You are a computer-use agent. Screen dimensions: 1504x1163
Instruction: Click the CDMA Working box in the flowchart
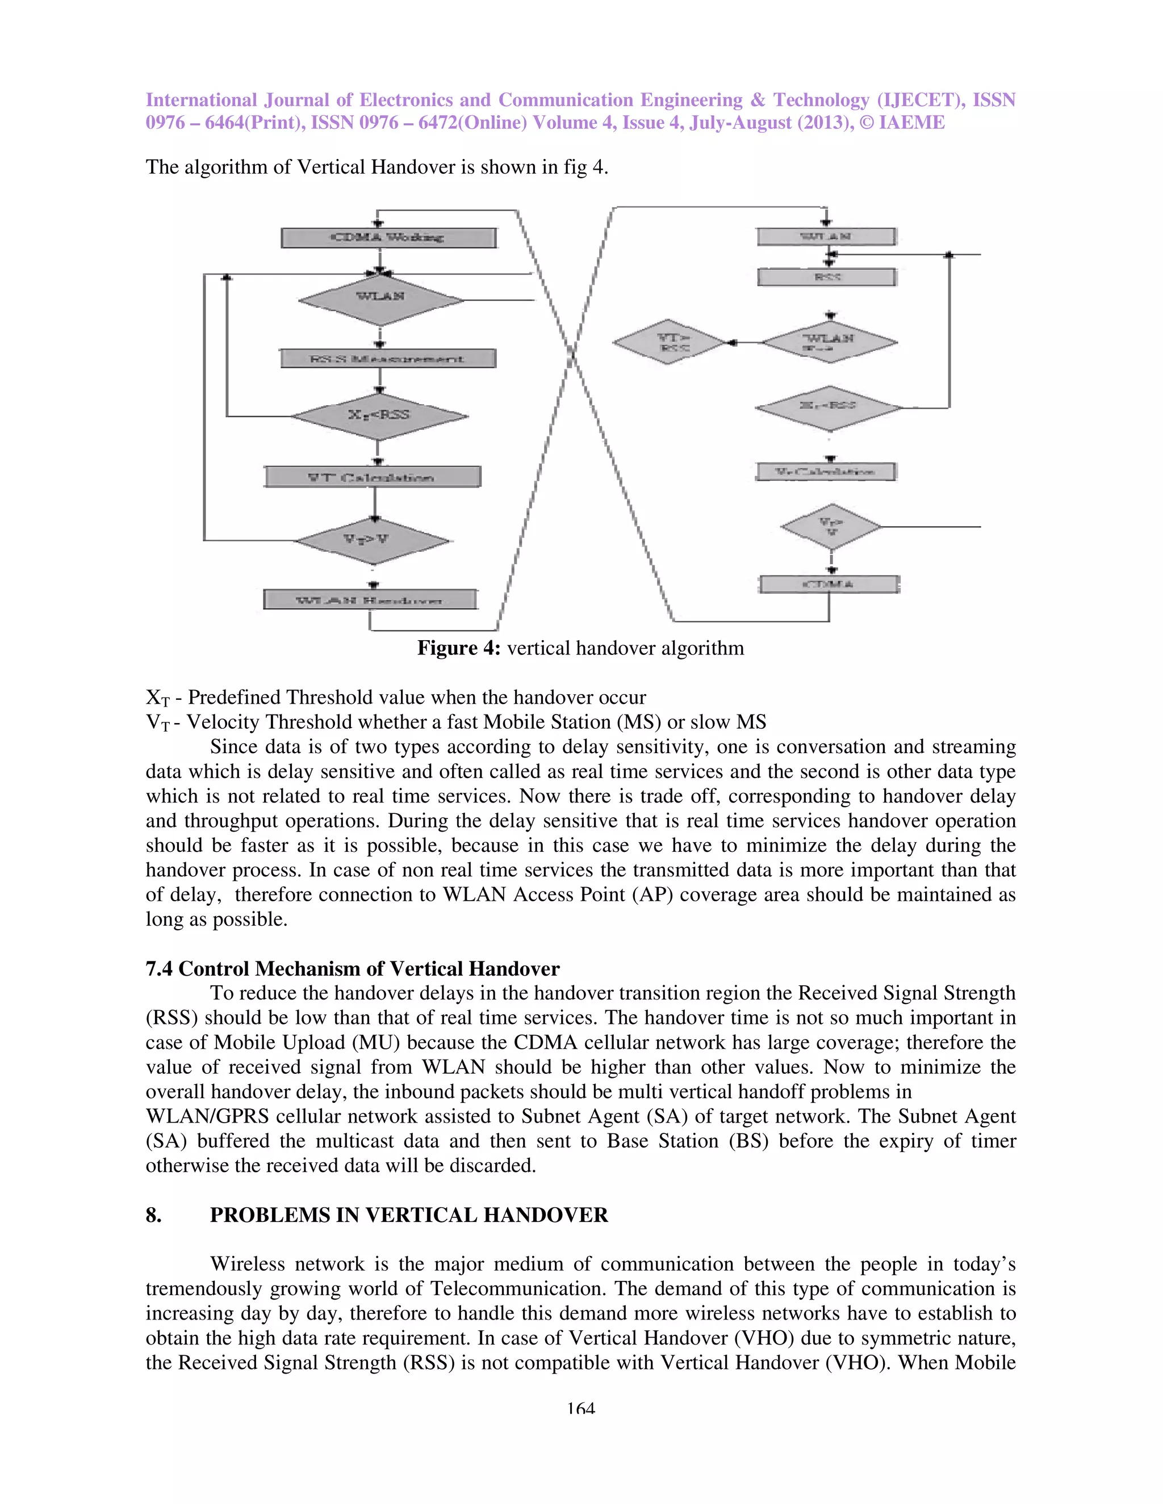coord(388,238)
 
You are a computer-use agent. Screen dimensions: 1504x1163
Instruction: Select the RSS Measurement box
coord(387,358)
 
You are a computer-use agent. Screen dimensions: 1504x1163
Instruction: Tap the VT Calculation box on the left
coord(372,477)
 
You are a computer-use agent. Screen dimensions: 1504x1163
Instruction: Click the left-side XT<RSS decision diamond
coord(378,415)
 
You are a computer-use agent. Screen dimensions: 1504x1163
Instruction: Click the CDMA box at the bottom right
coord(829,584)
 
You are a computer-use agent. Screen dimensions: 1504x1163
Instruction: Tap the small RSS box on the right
coord(827,277)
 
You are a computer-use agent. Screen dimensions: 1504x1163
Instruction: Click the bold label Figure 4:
coord(458,648)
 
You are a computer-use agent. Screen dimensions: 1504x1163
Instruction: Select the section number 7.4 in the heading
coord(159,968)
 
